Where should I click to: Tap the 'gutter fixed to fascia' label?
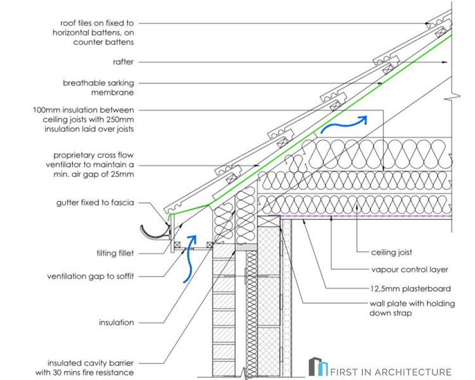click(x=95, y=203)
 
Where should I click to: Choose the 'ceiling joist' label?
click(x=392, y=252)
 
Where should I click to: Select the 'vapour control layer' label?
click(x=406, y=270)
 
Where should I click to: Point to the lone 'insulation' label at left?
click(x=116, y=322)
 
